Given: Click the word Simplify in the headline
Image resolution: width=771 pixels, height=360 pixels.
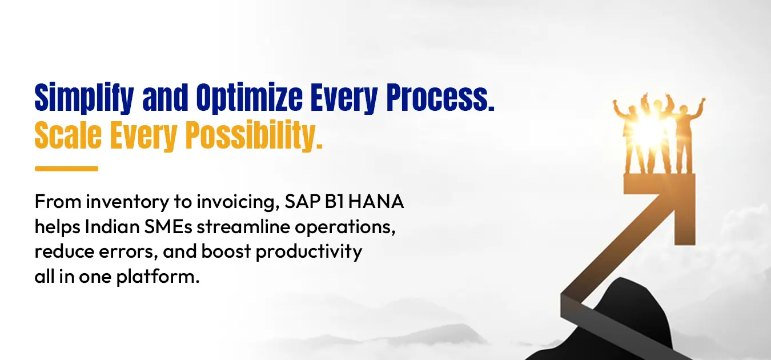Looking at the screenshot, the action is pos(84,98).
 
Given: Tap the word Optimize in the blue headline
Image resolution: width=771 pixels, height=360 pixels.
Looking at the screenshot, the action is pos(249,98).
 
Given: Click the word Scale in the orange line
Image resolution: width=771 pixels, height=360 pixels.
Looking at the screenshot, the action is pos(68,135).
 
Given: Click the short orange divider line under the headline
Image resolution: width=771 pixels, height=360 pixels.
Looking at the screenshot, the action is pos(66,169).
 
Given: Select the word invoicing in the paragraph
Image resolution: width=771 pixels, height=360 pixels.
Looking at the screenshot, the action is pos(238,202).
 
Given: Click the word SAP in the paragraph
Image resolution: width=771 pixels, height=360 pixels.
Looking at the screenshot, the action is pos(303,202).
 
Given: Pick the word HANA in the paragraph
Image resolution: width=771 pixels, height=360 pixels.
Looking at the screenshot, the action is pos(376,202).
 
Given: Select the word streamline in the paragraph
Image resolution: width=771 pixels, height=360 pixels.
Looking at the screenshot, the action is pos(243,227).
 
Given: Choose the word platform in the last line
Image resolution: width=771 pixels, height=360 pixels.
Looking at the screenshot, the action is pos(158,277).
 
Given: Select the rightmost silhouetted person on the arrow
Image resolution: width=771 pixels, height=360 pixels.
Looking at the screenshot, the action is pos(687,136).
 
